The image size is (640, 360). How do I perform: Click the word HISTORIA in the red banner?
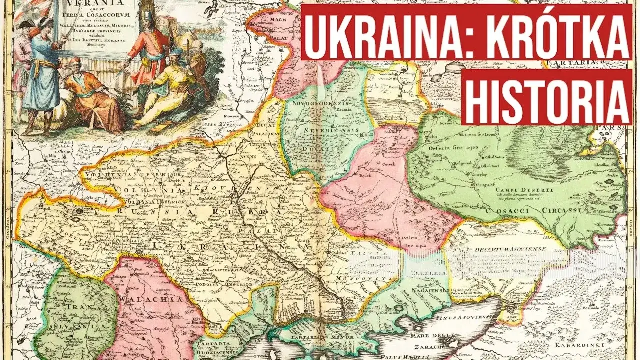click(x=546, y=98)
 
